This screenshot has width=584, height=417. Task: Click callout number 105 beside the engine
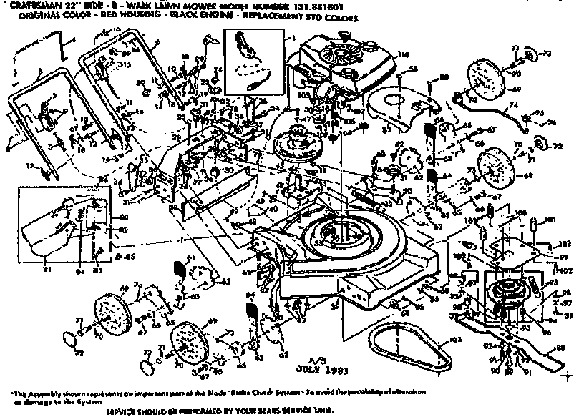(303, 94)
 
